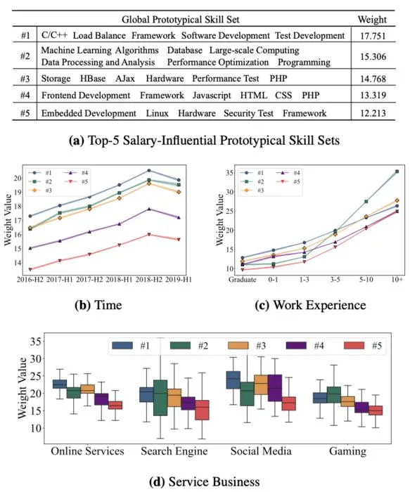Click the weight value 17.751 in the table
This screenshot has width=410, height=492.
373,36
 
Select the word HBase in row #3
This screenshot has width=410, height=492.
93,79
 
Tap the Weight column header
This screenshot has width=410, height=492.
372,20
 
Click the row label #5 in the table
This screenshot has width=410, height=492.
25,113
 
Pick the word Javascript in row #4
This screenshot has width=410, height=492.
212,96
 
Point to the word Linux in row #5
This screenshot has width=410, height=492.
157,113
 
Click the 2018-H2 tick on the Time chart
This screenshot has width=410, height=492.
149,279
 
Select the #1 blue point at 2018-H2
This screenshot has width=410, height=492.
149,170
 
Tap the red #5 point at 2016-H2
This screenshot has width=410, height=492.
30,269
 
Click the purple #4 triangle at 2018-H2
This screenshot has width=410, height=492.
149,209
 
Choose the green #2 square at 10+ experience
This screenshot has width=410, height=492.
397,171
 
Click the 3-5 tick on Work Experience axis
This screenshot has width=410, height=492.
335,279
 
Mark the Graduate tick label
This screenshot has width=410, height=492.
243,279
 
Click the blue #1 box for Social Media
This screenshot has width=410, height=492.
233,380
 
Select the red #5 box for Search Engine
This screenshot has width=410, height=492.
202,410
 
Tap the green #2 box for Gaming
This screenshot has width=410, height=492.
334,395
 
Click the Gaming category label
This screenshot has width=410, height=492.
347,451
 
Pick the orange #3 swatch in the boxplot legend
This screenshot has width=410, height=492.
238,346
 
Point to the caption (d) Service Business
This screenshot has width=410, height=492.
205,481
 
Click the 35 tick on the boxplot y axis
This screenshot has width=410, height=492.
35,342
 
